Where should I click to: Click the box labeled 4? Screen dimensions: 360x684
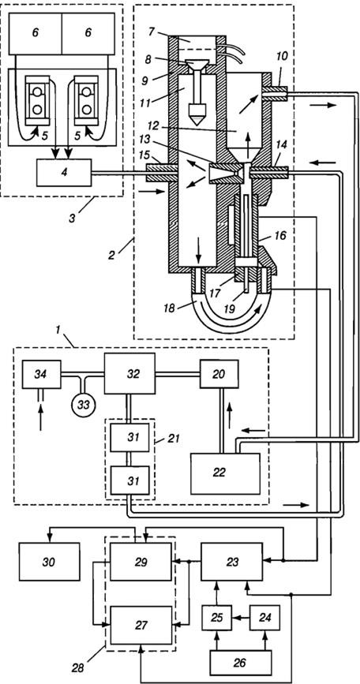(64, 173)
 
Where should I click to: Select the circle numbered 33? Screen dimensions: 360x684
(84, 405)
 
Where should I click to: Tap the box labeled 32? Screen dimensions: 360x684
(129, 373)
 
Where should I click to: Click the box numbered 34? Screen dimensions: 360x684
(42, 374)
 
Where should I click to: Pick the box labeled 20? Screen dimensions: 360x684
(219, 374)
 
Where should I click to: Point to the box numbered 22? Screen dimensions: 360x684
(225, 473)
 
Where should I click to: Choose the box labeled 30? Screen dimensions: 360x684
(49, 562)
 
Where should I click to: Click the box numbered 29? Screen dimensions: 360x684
(141, 562)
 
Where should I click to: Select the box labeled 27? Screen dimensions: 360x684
(141, 625)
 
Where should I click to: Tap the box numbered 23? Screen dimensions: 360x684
(231, 562)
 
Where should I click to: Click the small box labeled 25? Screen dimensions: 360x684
(216, 617)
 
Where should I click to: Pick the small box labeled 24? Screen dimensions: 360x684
(264, 617)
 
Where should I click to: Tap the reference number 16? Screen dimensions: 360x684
(280, 236)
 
